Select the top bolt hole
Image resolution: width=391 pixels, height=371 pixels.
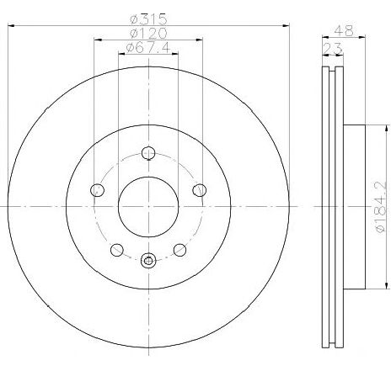coord(148,153)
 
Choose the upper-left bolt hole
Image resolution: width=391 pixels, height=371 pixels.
coord(98,190)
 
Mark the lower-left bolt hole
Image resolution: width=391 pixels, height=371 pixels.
coord(117,249)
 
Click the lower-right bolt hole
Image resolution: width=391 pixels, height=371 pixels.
coord(179,249)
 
